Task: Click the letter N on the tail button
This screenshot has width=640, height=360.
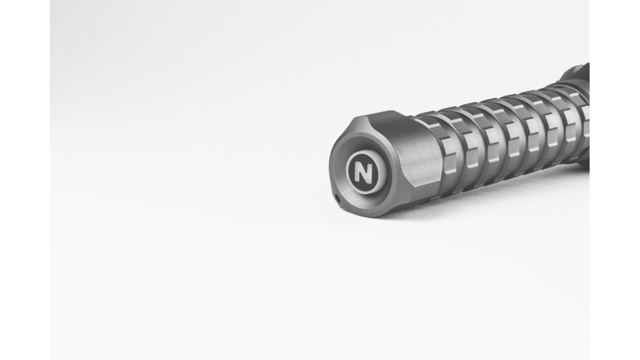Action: click(x=363, y=172)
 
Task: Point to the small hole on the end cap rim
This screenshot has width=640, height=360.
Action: click(x=337, y=199)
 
